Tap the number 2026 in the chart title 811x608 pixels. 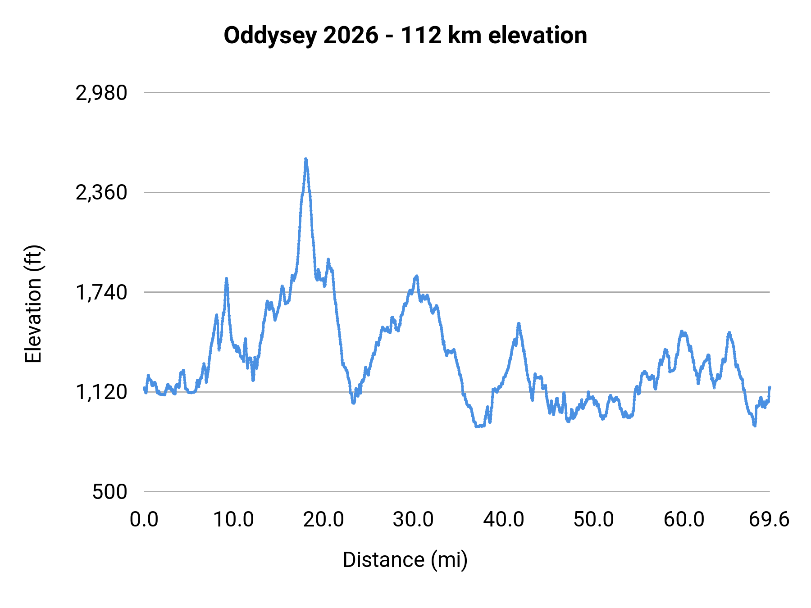pyautogui.click(x=351, y=36)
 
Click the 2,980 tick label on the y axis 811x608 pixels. pyautogui.click(x=101, y=93)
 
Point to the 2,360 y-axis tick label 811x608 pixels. pyautogui.click(x=101, y=193)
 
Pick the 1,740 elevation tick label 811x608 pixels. pyautogui.click(x=101, y=293)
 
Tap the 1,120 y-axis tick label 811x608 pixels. pyautogui.click(x=101, y=392)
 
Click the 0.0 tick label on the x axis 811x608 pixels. pyautogui.click(x=144, y=520)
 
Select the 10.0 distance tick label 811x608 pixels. pyautogui.click(x=233, y=520)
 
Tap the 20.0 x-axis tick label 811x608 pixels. pyautogui.click(x=323, y=520)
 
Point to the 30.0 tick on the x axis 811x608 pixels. pyautogui.click(x=413, y=520)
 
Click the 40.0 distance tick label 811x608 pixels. pyautogui.click(x=504, y=520)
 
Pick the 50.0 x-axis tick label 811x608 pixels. pyautogui.click(x=593, y=520)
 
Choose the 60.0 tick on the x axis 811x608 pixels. pyautogui.click(x=684, y=520)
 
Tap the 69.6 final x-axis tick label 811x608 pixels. pyautogui.click(x=769, y=520)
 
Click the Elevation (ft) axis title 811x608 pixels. pyautogui.click(x=33, y=304)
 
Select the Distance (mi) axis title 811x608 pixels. pyautogui.click(x=405, y=560)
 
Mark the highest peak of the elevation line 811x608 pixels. pyautogui.click(x=306, y=159)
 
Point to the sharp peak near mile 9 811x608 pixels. pyautogui.click(x=227, y=279)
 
